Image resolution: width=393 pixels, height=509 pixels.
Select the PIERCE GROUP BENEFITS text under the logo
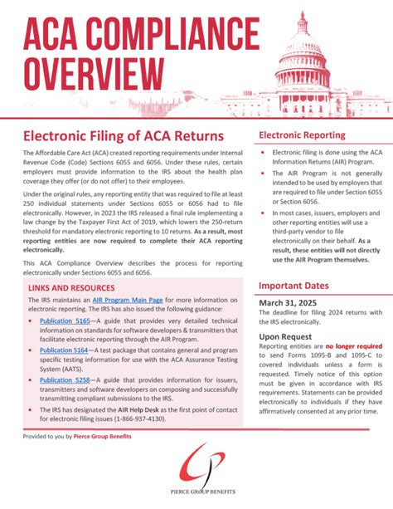(197, 497)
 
